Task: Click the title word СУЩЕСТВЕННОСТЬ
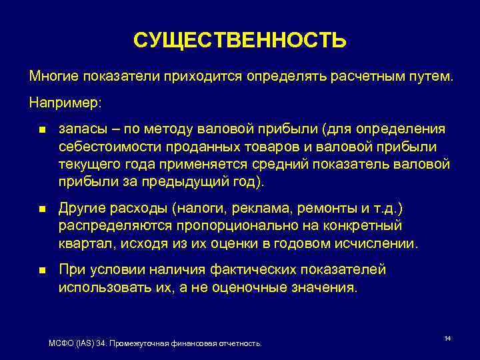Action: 240,41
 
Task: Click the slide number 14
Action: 447,339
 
